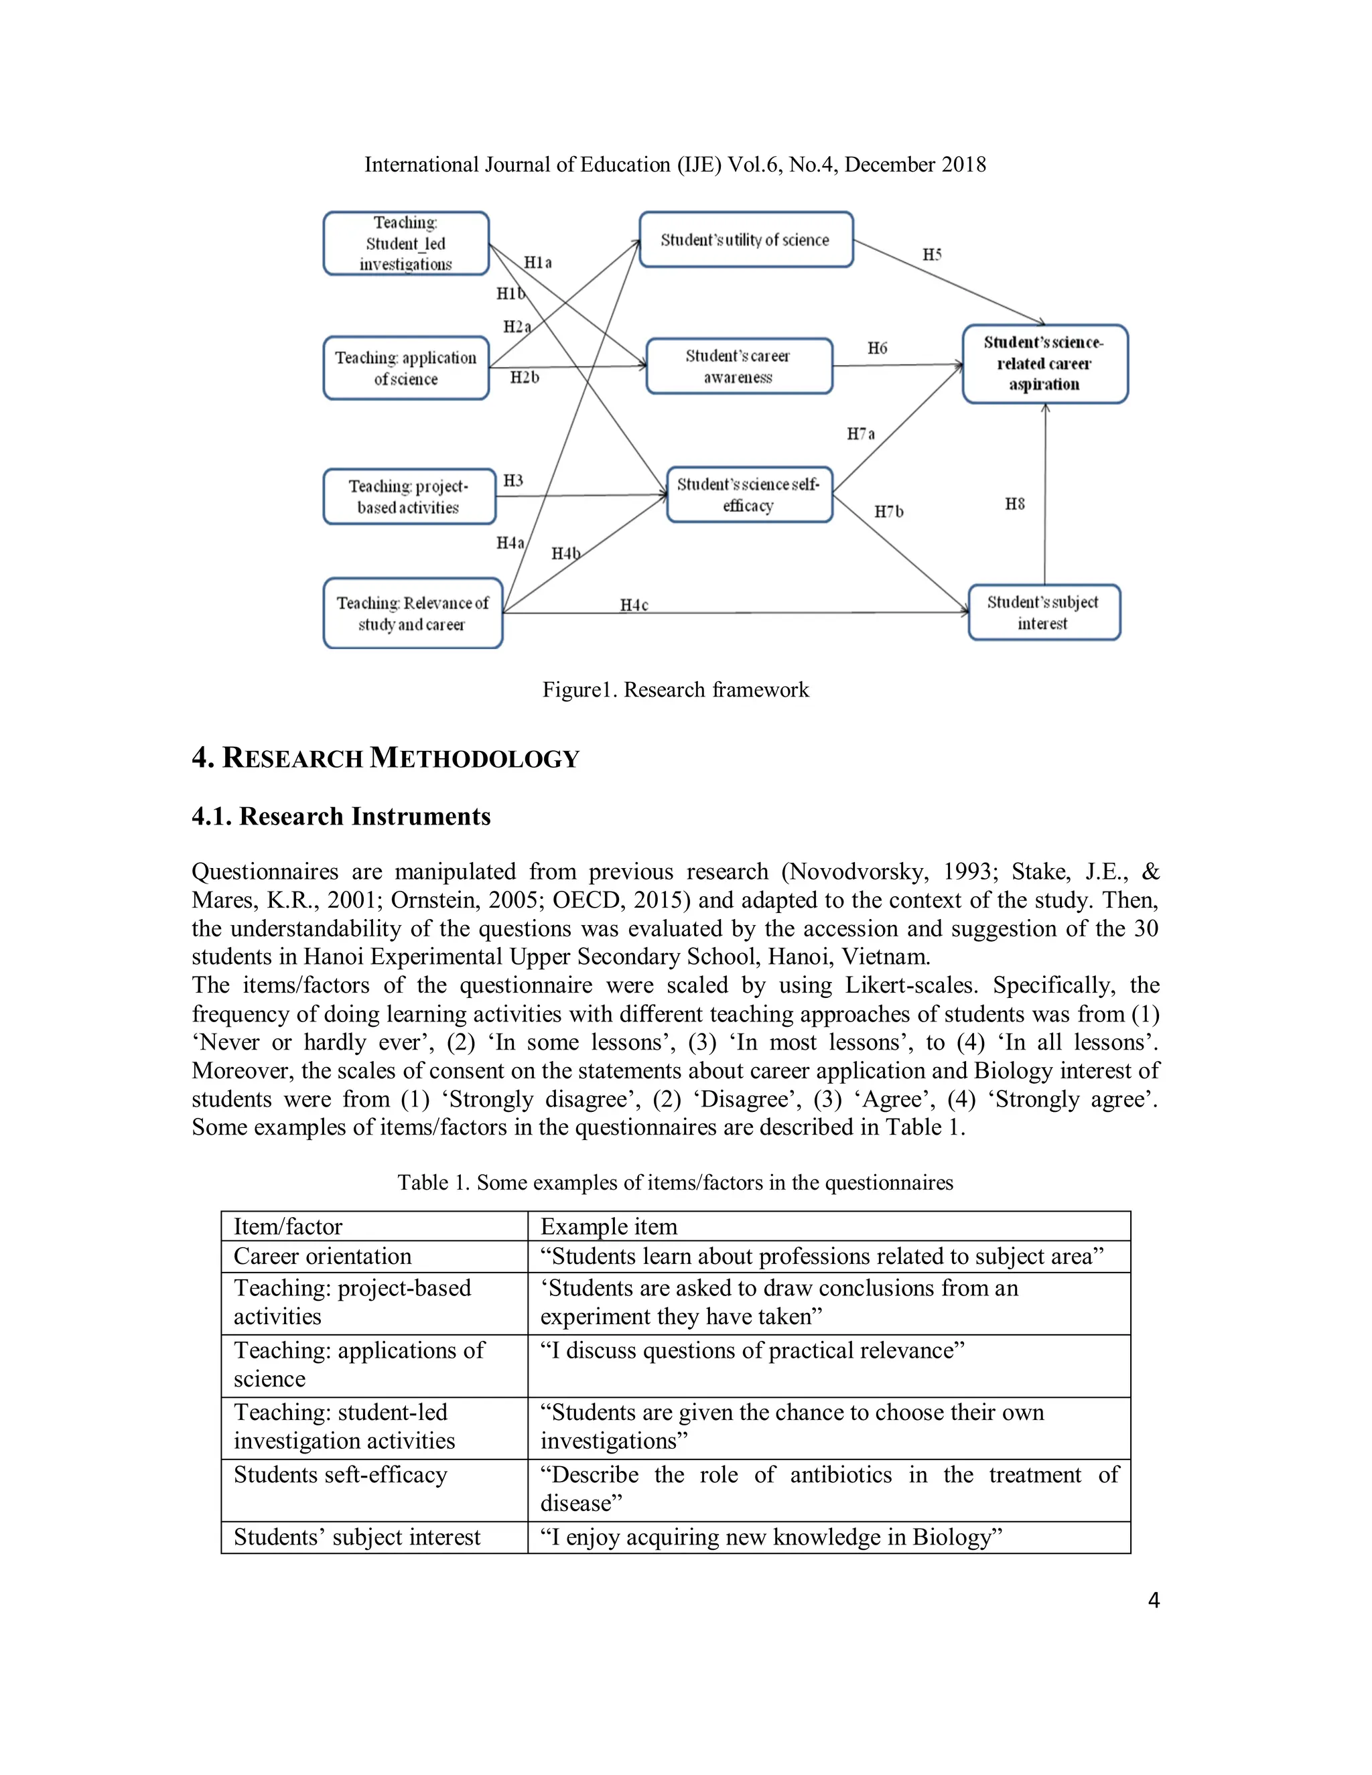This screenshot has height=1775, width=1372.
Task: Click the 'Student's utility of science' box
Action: (x=746, y=240)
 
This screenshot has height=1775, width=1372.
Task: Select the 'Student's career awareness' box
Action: (x=739, y=366)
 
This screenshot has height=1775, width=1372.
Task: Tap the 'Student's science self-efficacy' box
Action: (x=748, y=495)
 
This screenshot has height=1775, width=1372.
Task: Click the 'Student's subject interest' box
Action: (x=1044, y=613)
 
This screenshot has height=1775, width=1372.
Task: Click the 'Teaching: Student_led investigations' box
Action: (x=405, y=244)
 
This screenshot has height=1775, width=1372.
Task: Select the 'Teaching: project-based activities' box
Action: (x=409, y=496)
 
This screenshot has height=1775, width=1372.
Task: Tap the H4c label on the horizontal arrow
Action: (x=634, y=606)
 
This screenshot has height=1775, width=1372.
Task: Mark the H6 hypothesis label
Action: (x=877, y=349)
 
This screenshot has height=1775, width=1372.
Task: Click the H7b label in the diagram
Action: (x=888, y=512)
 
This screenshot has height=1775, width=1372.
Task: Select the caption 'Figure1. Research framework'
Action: (x=675, y=690)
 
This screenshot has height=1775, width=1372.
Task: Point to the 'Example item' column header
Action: (x=608, y=1226)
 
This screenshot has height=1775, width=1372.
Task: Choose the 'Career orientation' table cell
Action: (x=323, y=1257)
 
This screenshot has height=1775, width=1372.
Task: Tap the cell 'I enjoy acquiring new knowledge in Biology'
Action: (x=770, y=1537)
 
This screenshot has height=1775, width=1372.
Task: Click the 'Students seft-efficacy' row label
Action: (x=340, y=1475)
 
